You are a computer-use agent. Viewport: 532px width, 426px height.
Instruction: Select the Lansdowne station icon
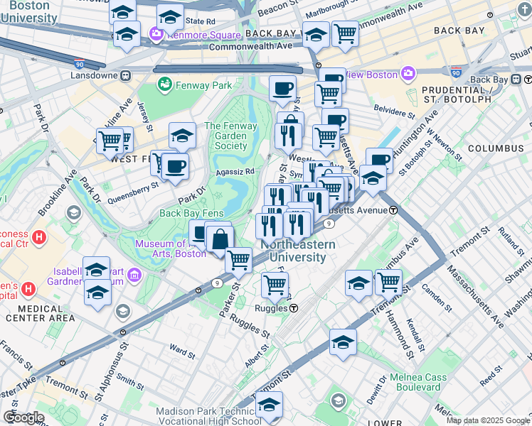point(125,75)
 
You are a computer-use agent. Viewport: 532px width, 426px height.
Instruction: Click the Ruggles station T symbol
point(293,308)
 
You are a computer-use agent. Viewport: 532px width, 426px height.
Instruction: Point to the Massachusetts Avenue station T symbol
point(393,210)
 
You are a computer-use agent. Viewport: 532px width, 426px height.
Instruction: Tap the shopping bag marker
point(220,239)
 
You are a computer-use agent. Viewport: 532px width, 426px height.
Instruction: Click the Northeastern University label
point(293,251)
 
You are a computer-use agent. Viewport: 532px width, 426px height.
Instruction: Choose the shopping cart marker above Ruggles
point(275,285)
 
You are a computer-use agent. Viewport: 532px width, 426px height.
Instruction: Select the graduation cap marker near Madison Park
point(270,405)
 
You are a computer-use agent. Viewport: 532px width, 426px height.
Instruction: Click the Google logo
point(23,417)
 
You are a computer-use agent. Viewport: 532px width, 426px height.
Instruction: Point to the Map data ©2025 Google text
point(488,420)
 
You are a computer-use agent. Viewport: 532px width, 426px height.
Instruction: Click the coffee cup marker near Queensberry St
point(175,168)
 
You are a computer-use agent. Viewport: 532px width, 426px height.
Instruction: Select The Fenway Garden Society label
point(226,136)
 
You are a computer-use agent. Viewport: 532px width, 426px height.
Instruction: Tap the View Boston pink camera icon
point(408,73)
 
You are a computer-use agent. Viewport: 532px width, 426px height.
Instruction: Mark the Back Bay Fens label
point(192,213)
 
